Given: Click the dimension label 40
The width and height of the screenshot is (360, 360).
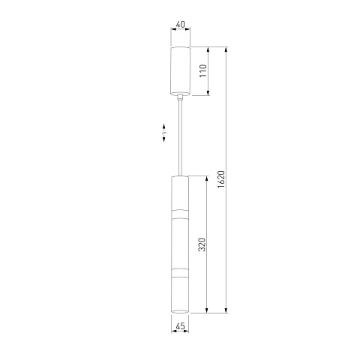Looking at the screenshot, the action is (x=180, y=25).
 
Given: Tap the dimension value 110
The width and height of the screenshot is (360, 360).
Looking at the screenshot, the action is (x=203, y=70).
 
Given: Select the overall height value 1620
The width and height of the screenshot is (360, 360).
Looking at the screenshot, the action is (x=221, y=179).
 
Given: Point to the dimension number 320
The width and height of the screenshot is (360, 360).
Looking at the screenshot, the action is (x=202, y=244).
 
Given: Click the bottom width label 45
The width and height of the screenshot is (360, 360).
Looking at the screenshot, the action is (x=180, y=326).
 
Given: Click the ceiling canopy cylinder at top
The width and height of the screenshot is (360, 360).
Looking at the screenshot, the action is (x=180, y=71).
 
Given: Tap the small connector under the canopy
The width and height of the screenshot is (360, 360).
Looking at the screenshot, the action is (x=180, y=97).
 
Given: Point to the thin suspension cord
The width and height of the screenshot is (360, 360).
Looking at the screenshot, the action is (x=180, y=138).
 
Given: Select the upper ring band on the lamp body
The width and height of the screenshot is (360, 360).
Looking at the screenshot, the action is (x=180, y=214).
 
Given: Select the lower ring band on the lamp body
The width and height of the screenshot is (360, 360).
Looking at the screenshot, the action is (x=180, y=273).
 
